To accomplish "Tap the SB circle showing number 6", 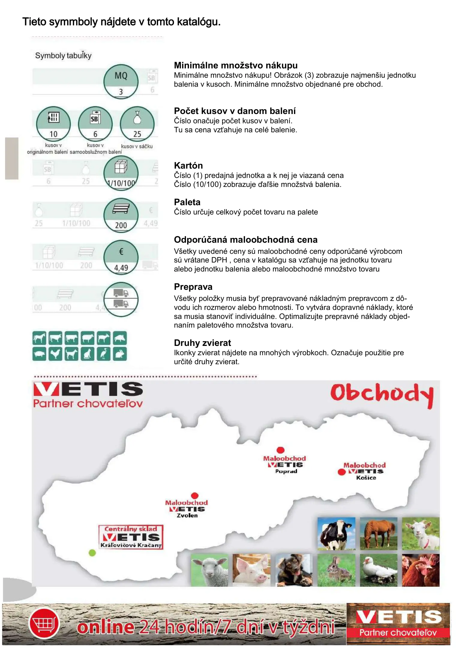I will coord(95,124).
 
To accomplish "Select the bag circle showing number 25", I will coord(137,124).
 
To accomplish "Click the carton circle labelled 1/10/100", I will coord(121,173).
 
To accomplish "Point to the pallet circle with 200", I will coord(121,215).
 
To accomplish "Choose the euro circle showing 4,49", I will coord(121,257).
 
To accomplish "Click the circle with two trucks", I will coord(121,299).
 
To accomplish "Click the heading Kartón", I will coord(188,166).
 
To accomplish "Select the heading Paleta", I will coord(187,202).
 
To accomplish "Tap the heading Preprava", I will coord(193,287).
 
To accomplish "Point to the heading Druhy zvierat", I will coord(202,343).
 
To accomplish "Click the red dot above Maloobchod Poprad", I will coord(280,450).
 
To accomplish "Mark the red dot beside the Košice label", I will coord(342,472).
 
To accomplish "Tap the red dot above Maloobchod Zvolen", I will coord(195,495).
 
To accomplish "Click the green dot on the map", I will coord(92,553).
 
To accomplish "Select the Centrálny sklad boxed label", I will coord(131,537).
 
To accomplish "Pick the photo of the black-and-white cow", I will coord(336,533).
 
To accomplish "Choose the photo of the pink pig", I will coord(252,570).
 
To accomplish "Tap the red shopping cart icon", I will coord(44,624).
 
